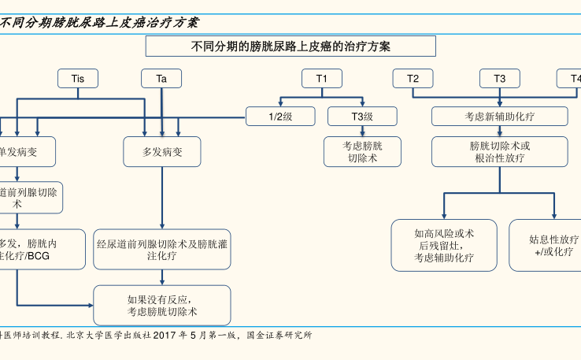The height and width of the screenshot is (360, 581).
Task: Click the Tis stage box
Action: [x=78, y=79]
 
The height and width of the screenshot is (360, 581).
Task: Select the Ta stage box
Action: [x=161, y=79]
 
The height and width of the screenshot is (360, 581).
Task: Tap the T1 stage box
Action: [x=322, y=79]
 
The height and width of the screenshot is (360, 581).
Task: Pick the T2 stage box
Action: [x=413, y=79]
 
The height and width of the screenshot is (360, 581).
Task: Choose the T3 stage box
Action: [x=500, y=79]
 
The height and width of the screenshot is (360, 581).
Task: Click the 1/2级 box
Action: [x=281, y=117]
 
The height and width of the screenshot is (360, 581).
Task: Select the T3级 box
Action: [x=362, y=117]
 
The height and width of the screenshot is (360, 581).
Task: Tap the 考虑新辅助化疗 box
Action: [x=499, y=117]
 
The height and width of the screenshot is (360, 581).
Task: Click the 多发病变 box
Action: [x=162, y=151]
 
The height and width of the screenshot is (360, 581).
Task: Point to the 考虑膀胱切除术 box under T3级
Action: [x=362, y=151]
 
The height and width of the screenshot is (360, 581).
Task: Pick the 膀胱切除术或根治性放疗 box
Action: [x=500, y=151]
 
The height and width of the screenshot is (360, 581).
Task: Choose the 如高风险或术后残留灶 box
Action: [x=444, y=245]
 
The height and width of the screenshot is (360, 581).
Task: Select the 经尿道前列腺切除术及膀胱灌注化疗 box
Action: [x=162, y=250]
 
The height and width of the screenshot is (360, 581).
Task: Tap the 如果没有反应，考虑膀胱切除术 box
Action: [x=162, y=306]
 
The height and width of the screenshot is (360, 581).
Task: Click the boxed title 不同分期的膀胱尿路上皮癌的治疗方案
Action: [x=291, y=46]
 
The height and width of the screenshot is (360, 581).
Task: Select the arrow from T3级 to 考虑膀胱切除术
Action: [x=362, y=132]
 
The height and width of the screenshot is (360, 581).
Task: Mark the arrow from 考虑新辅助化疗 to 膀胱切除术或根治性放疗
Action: [x=499, y=132]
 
